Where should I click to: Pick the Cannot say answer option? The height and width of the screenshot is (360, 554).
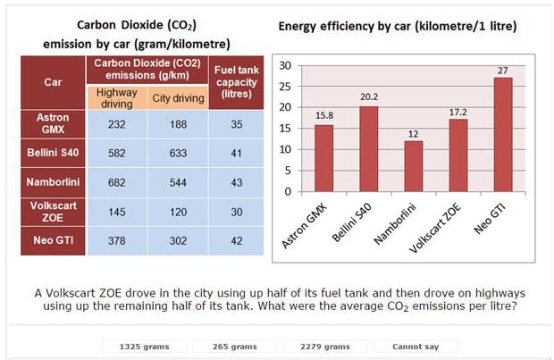[x=415, y=346]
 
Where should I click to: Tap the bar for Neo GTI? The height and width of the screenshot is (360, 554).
[x=503, y=134]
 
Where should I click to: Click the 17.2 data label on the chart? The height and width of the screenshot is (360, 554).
[x=458, y=109]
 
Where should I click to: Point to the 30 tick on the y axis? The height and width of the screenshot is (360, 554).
[x=286, y=65]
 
